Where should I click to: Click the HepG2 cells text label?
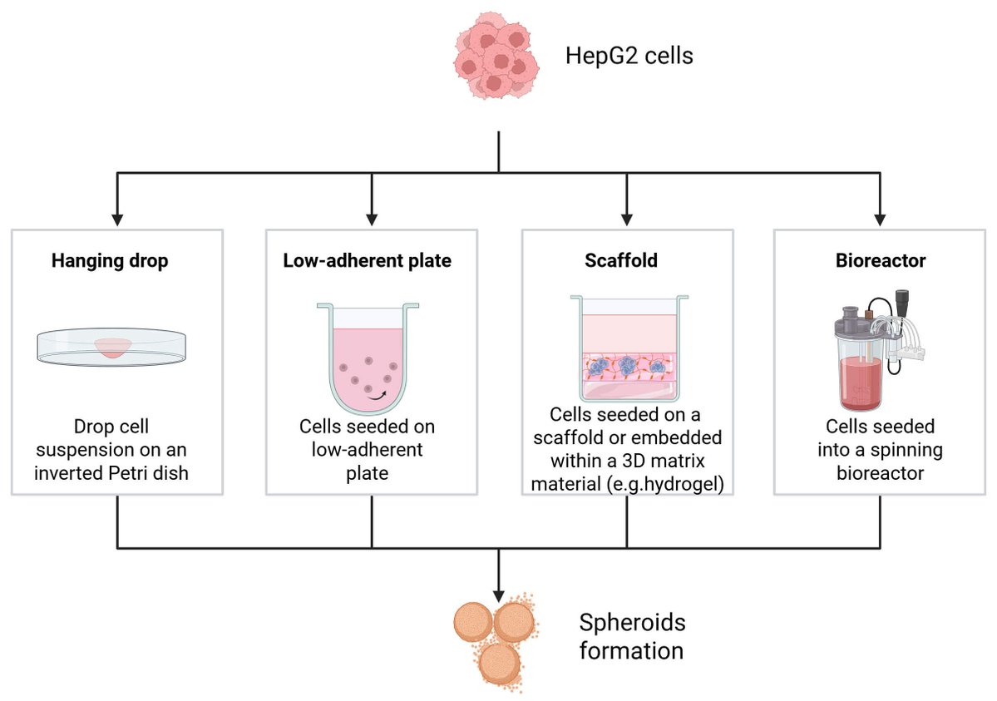pyautogui.click(x=629, y=57)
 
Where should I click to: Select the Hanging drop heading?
pyautogui.click(x=110, y=261)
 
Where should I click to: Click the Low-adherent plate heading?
pyautogui.click(x=368, y=261)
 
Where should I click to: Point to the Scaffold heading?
pyautogui.click(x=621, y=261)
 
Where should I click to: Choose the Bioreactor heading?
pyautogui.click(x=881, y=261)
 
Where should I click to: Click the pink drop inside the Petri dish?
pyautogui.click(x=112, y=348)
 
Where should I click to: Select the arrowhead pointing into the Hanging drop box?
pyautogui.click(x=117, y=220)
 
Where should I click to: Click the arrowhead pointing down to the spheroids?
pyautogui.click(x=498, y=595)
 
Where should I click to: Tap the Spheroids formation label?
pyautogui.click(x=631, y=636)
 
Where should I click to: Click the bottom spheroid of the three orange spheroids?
pyautogui.click(x=500, y=664)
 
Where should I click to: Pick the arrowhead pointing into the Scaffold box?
pyautogui.click(x=626, y=220)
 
